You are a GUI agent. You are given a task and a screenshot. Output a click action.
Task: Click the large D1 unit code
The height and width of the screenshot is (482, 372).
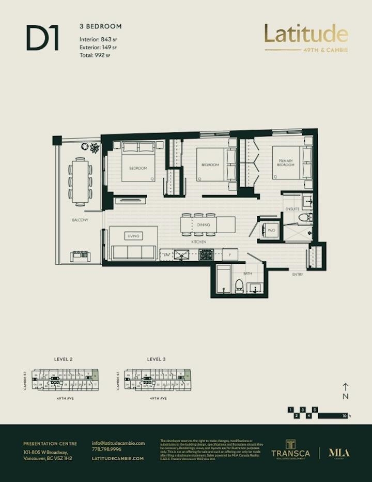42,39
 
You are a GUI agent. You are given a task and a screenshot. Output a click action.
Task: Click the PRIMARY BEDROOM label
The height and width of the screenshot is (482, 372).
286,163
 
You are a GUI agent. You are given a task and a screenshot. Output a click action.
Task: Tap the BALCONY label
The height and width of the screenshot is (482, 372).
80,220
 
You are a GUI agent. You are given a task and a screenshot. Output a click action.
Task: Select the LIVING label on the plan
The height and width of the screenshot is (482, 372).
133,236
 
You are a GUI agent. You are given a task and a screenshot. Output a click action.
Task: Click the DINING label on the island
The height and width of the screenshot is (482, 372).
204,225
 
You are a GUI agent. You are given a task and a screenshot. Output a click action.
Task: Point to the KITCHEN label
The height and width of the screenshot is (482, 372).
199,242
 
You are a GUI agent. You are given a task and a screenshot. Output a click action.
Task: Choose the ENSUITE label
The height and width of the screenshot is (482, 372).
292,209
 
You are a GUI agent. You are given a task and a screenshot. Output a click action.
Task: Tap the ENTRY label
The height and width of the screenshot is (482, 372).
298,274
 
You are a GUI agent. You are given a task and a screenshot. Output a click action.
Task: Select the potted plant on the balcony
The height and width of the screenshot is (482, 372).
95,148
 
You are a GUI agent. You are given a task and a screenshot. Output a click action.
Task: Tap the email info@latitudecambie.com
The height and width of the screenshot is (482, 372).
118,443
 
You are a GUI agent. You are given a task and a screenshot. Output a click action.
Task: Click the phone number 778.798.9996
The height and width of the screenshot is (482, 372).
107,449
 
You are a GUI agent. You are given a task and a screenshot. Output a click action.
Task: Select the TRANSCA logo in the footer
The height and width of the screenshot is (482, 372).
291,449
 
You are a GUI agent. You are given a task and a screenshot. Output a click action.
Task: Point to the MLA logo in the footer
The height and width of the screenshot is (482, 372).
339,453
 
